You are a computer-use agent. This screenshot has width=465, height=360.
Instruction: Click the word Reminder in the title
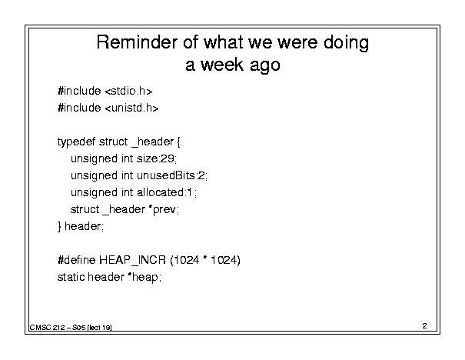click(137, 42)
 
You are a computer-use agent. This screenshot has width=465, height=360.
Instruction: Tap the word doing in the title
click(346, 43)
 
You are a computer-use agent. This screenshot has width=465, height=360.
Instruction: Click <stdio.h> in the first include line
click(128, 91)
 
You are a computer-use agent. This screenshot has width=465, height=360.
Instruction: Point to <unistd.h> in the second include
click(132, 108)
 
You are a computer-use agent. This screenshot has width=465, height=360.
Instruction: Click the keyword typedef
click(76, 142)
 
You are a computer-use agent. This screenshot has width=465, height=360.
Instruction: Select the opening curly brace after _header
click(178, 142)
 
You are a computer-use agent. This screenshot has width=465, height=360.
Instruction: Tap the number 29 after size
click(167, 158)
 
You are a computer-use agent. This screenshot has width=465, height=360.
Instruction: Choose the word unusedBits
click(166, 175)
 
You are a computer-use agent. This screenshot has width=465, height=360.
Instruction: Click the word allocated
click(161, 192)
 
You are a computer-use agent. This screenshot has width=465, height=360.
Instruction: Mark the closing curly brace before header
click(59, 227)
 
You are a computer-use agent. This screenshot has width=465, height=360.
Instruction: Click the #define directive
click(77, 260)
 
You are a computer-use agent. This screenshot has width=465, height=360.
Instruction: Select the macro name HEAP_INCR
click(132, 260)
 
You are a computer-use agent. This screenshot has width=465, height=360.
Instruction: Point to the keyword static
click(71, 277)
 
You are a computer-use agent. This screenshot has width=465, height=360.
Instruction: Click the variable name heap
click(145, 278)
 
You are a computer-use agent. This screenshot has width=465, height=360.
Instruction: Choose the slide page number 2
click(425, 326)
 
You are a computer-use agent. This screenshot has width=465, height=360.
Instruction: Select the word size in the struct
click(147, 158)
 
